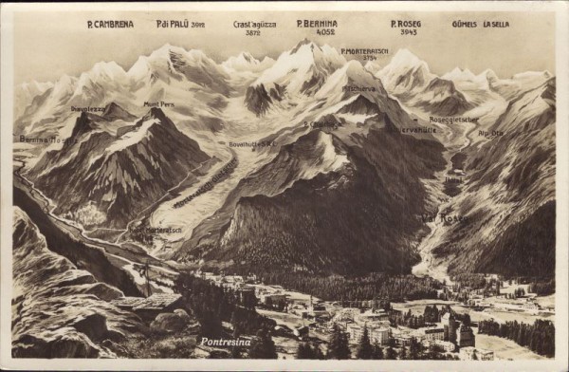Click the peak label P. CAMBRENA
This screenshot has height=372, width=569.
[110, 24]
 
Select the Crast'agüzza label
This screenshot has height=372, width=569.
[254, 24]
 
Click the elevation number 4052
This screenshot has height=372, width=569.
[325, 32]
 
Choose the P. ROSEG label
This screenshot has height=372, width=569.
[406, 24]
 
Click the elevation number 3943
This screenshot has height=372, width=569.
[408, 32]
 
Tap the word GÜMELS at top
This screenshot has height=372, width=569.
[465, 24]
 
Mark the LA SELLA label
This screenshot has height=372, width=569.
[496, 24]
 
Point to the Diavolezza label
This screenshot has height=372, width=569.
[87, 108]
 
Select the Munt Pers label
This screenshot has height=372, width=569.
[158, 103]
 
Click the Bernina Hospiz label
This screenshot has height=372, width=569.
[47, 139]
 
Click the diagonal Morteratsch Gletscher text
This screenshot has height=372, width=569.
[204, 182]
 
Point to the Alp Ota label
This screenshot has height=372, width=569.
[491, 133]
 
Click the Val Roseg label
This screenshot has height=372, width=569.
[443, 218]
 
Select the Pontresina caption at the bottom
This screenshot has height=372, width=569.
[226, 342]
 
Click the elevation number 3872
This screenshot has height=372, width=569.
[252, 33]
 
